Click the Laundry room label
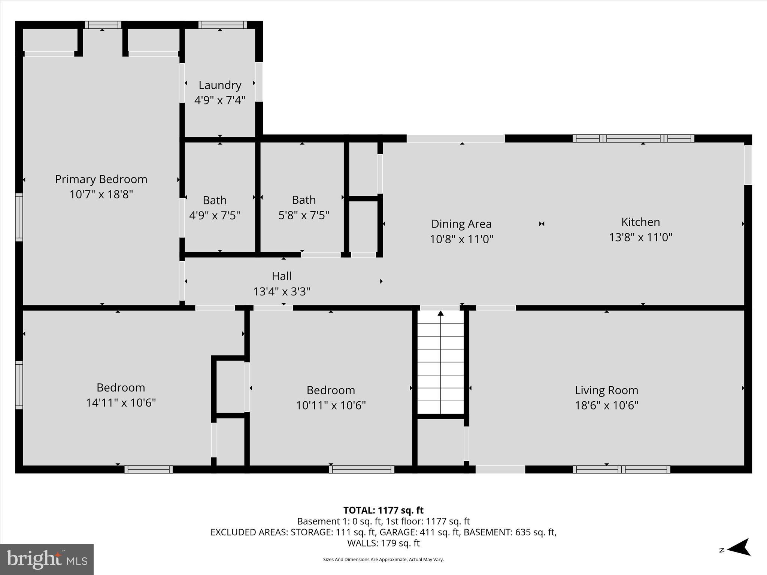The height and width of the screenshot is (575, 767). [219, 85]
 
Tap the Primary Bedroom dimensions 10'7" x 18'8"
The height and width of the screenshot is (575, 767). [101, 195]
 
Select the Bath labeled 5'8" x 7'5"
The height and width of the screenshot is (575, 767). [303, 207]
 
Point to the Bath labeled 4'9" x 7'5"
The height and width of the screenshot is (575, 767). [214, 208]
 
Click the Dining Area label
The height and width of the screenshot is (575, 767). [461, 224]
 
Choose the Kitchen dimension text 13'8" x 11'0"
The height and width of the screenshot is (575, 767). [640, 237]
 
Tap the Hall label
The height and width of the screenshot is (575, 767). [281, 276]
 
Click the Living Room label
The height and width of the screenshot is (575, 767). [606, 390]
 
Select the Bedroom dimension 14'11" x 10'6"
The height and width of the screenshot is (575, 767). [121, 403]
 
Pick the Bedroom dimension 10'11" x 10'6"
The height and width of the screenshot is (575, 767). [331, 405]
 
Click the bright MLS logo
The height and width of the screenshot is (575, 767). [47, 559]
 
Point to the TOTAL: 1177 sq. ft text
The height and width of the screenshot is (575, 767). [383, 510]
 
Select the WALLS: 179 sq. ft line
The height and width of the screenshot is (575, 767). [383, 543]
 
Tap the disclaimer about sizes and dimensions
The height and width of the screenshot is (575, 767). [383, 560]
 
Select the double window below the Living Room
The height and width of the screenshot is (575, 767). [621, 469]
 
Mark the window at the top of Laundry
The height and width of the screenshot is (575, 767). [222, 25]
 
